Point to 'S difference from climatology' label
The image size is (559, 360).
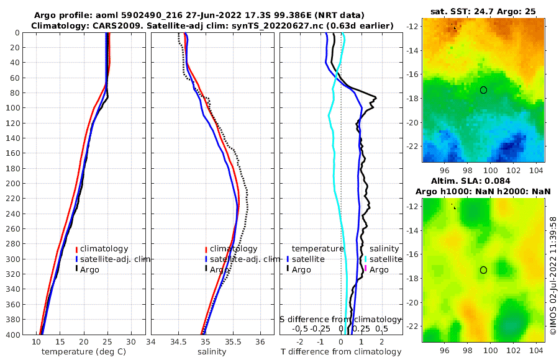pos(337,319)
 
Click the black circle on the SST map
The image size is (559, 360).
pos(483,90)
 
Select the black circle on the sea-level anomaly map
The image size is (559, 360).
pos(483,270)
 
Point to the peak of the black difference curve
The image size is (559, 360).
pos(376,96)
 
